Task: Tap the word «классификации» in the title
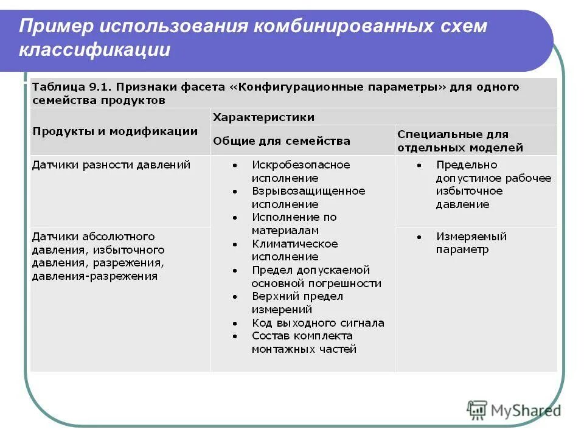click(x=94, y=50)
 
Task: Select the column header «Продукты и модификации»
click(x=115, y=131)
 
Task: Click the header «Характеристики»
click(x=263, y=117)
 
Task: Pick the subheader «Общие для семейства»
click(x=281, y=141)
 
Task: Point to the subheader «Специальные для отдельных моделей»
click(x=460, y=141)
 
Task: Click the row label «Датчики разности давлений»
click(x=111, y=165)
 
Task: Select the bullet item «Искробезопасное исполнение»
click(x=301, y=172)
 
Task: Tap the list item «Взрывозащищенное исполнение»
click(x=308, y=198)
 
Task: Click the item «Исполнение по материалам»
click(x=294, y=224)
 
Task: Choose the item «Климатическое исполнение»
click(x=294, y=250)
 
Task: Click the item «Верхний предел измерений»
click(x=297, y=302)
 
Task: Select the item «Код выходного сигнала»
click(x=318, y=323)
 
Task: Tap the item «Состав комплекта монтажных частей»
click(x=304, y=342)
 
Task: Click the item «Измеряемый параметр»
click(x=471, y=243)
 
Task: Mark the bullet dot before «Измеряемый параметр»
click(x=419, y=237)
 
